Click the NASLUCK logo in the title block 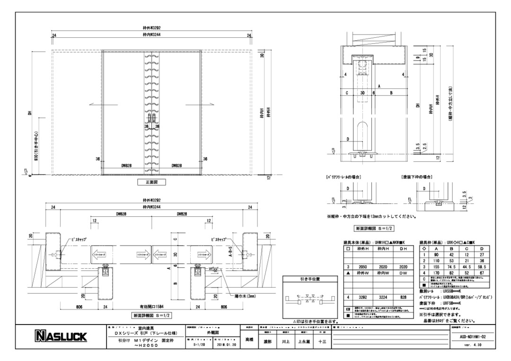pos(60,337)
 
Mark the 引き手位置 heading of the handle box pos(310,279)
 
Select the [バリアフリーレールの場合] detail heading pos(342,176)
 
